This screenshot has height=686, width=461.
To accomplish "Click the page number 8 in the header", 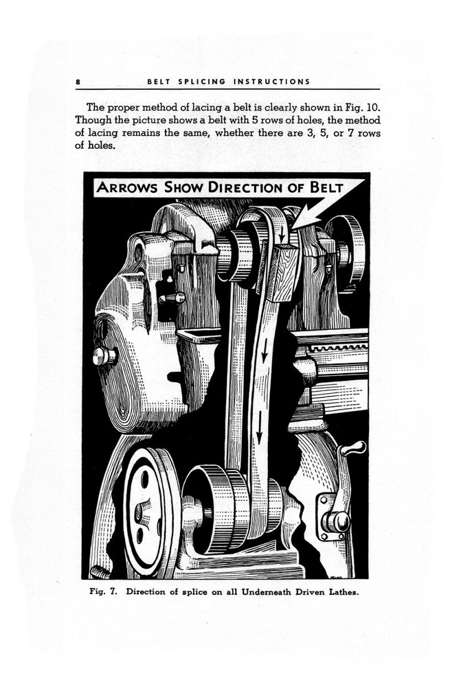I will (x=79, y=82).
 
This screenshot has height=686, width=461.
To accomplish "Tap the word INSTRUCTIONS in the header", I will (x=273, y=82).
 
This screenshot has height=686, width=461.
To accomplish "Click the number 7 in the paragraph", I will (x=350, y=132).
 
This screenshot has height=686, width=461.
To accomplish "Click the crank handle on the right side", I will (x=352, y=449).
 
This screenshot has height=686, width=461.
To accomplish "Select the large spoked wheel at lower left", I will (x=146, y=511).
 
